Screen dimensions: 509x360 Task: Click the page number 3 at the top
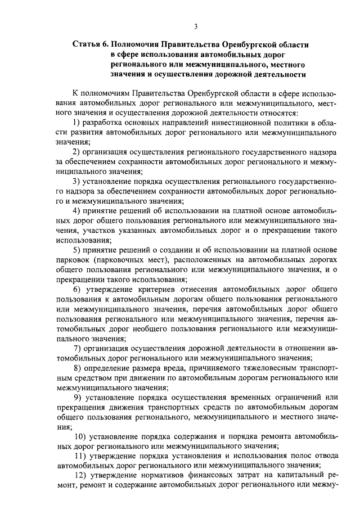coord(195,26)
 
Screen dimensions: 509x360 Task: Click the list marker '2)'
coord(78,152)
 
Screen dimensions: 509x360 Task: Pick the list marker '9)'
coord(78,397)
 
